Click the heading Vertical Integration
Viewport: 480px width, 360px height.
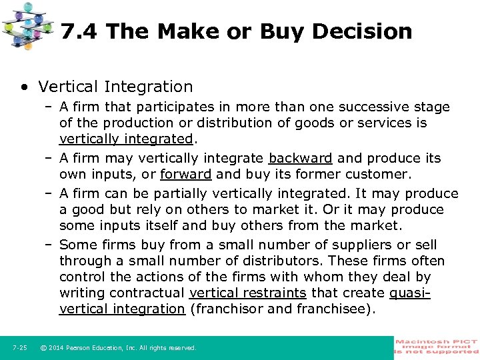tap(115, 87)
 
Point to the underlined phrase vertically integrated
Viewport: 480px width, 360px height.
tap(125, 139)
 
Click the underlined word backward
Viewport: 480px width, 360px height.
tap(300, 158)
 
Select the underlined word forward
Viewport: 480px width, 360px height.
tap(185, 174)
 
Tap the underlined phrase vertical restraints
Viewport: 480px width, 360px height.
tap(248, 293)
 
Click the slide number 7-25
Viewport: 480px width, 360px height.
tap(19, 347)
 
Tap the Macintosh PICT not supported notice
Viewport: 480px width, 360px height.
tap(437, 347)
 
